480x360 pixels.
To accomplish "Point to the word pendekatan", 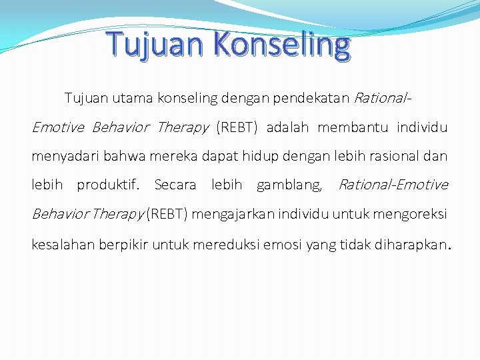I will pyautogui.click(x=316, y=99).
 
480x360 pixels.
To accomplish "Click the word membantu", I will pyautogui.click(x=354, y=127).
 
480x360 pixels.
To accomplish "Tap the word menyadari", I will pyautogui.click(x=61, y=156).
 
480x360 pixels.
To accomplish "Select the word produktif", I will pyautogui.click(x=108, y=185).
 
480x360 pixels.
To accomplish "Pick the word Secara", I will pyautogui.click(x=175, y=185).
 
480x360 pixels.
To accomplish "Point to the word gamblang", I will pyautogui.click(x=290, y=185).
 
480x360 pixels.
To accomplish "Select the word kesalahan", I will pyautogui.click(x=61, y=244).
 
